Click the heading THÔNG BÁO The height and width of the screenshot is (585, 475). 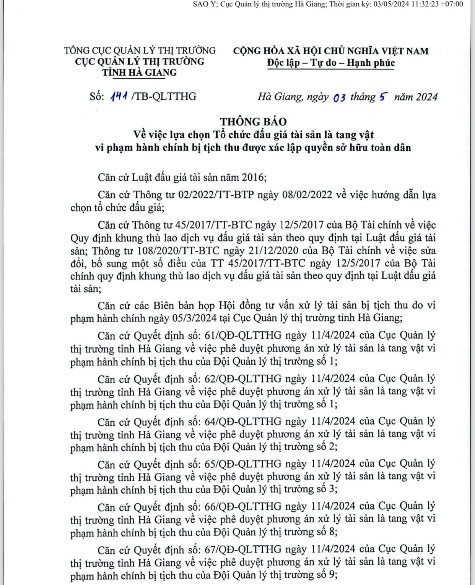[253, 121]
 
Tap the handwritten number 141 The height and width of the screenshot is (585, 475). [119, 97]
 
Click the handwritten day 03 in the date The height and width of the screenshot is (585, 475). [340, 98]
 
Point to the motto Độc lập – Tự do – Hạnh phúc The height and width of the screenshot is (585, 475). [330, 63]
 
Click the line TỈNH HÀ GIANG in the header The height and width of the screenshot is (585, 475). [139, 73]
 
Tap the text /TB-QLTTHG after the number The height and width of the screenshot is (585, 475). [164, 96]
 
